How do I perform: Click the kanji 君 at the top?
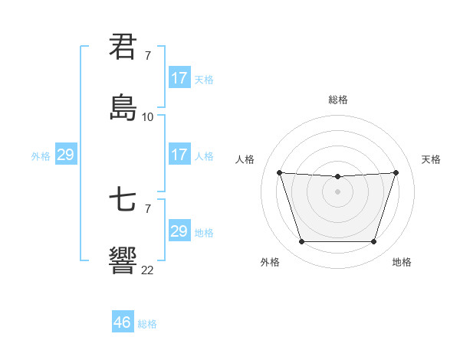123,48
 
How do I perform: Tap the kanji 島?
123,107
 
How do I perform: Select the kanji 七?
123,201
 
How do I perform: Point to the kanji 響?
123,260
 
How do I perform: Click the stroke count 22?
148,270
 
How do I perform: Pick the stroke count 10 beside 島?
148,117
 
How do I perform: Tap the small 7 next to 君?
147,56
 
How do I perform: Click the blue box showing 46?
123,322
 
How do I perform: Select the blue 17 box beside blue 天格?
179,78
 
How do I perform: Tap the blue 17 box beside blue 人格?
179,155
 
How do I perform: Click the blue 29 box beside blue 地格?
179,231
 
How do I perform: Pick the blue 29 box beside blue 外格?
66,155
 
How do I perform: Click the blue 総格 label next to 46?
147,324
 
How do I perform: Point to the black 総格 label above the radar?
338,100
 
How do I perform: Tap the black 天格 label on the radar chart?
431,159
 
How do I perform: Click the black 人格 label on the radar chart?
245,159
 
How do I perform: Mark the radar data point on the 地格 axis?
374,242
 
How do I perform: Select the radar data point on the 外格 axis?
301,242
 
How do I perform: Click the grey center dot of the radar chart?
338,191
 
